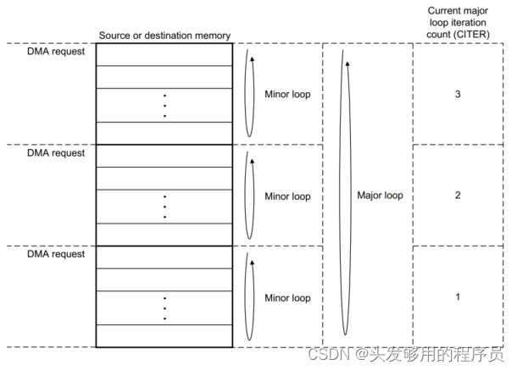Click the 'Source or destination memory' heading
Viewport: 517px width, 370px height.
click(x=164, y=36)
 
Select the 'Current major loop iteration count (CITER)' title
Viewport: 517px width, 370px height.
click(x=457, y=23)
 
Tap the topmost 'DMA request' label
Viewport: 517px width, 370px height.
click(x=56, y=52)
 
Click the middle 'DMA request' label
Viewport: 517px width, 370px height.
click(x=56, y=153)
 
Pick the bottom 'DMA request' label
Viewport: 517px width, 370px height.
click(x=56, y=254)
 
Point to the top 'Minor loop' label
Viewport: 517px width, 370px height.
click(x=287, y=95)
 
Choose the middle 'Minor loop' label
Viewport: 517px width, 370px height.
click(x=287, y=196)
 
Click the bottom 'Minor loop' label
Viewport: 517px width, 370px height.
click(x=287, y=298)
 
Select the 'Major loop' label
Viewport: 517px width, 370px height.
click(x=381, y=196)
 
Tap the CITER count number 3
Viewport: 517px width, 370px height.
click(x=458, y=94)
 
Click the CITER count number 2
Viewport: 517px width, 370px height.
click(x=458, y=196)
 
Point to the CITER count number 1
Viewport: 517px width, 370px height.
click(x=458, y=297)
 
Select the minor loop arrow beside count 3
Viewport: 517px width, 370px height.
click(x=248, y=93)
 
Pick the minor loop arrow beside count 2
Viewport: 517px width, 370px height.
click(x=248, y=196)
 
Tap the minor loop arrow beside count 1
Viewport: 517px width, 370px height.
click(x=248, y=297)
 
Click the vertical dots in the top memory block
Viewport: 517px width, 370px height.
click(x=164, y=105)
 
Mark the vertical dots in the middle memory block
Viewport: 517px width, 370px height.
click(x=164, y=207)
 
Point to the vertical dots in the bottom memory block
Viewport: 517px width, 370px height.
click(x=164, y=308)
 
